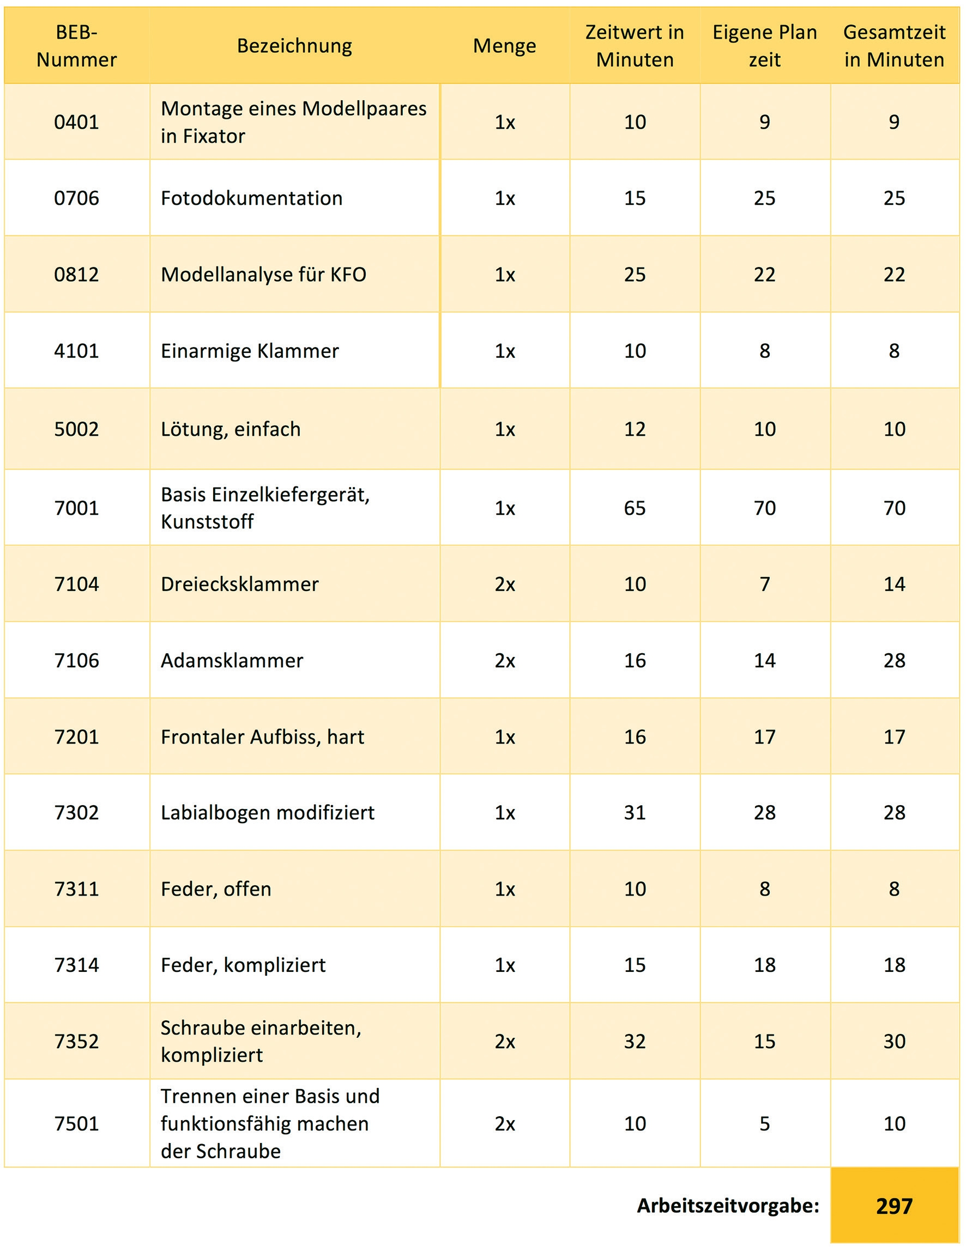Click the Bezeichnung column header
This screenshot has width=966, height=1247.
(x=294, y=46)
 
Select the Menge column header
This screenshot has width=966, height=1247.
(x=504, y=46)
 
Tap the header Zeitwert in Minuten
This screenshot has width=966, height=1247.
(x=635, y=46)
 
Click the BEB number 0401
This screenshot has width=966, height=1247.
(x=76, y=121)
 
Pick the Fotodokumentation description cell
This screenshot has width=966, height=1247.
(x=251, y=198)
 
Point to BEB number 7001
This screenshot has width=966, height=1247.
(x=76, y=508)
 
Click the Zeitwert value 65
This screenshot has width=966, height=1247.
(x=635, y=508)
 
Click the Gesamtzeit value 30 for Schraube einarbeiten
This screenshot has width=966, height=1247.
(x=894, y=1041)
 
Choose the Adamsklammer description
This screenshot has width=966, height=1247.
(x=232, y=660)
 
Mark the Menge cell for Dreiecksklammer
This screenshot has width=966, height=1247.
(x=504, y=584)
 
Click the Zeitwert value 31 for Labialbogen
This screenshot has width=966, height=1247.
(x=635, y=812)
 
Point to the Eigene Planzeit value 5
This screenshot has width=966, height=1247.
(x=764, y=1123)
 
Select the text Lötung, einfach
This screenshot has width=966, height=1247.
(x=231, y=429)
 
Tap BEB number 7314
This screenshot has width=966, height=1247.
(x=76, y=965)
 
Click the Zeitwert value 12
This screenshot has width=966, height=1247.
(x=635, y=429)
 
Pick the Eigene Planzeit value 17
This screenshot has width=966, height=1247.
(x=764, y=737)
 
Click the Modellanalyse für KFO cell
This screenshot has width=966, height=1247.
(x=263, y=275)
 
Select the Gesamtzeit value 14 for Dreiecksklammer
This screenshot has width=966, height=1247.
(x=894, y=584)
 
